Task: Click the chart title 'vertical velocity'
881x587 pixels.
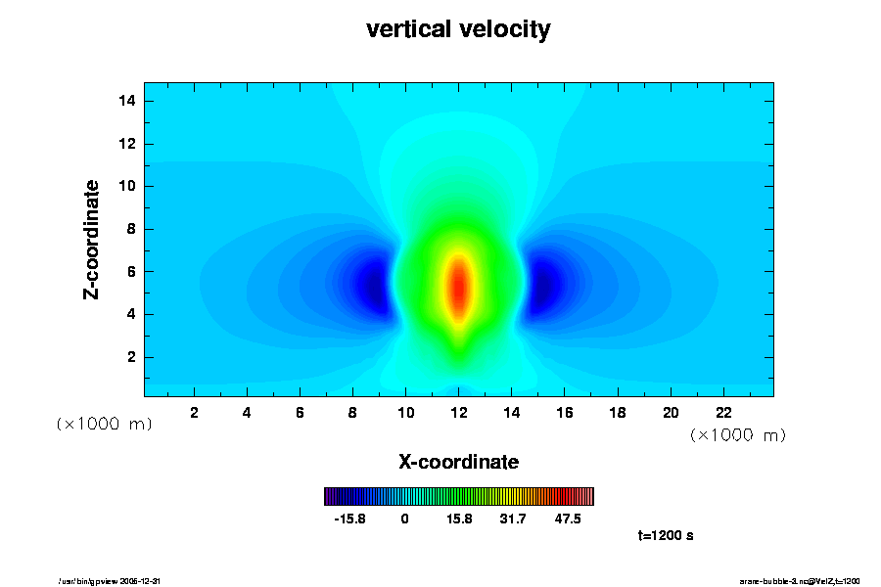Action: [x=458, y=30]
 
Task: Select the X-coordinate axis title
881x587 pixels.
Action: [x=458, y=462]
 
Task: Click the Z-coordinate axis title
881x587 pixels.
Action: [x=92, y=239]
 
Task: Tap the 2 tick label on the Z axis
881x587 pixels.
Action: [x=132, y=357]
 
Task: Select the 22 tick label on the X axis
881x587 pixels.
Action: [x=724, y=413]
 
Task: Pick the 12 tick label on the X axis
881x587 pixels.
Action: [x=458, y=413]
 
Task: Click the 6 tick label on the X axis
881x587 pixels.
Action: [x=300, y=413]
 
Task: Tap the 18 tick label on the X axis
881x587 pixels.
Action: [x=618, y=413]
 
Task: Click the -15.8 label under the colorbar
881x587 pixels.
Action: [x=349, y=519]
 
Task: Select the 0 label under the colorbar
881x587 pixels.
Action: [x=404, y=519]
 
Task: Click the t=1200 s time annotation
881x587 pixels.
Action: [x=666, y=536]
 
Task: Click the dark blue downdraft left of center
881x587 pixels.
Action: [x=373, y=285]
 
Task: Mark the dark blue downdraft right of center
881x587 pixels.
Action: [x=543, y=285]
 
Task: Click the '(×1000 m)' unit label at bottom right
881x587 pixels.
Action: [x=737, y=434]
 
